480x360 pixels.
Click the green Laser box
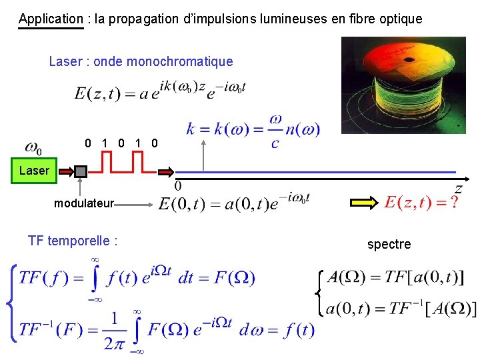[34, 171]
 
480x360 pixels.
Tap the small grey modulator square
[81, 172]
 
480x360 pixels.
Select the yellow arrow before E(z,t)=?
[363, 203]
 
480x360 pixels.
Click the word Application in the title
[51, 19]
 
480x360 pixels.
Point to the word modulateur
[84, 203]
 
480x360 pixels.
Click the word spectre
[389, 244]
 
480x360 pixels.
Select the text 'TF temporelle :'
[73, 241]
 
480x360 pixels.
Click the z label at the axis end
[459, 189]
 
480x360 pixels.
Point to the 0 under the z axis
[178, 185]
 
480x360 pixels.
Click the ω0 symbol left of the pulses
[33, 147]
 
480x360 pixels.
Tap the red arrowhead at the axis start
[165, 171]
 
